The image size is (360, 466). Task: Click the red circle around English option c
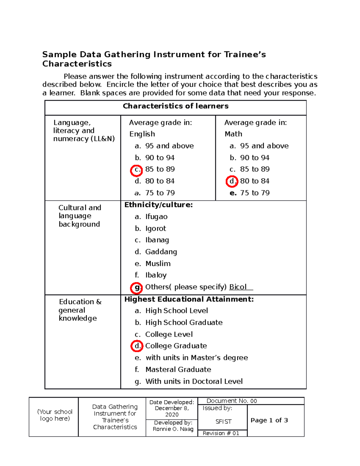coord(136,170)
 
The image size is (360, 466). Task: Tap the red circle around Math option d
coord(232,181)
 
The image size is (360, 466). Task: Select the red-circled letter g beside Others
coord(136,287)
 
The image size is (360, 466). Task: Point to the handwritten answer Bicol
coord(238,287)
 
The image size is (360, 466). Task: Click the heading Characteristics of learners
coord(175,106)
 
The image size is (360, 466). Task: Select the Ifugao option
coord(156,217)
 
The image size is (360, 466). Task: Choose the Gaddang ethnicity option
coord(161,252)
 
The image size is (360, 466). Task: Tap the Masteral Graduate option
coord(178,369)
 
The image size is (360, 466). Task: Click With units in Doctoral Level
coord(194,381)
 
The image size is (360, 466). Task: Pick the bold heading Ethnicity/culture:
coord(158,205)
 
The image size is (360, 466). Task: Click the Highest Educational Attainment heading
coord(189,299)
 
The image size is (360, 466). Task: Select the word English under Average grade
coord(142,134)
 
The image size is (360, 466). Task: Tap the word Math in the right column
coord(233,134)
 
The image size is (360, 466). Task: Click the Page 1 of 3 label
coord(269,420)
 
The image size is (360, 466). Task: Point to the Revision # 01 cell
coord(221,433)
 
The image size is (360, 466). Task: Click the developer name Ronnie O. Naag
coord(173,429)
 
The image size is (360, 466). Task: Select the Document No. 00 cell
coord(232,401)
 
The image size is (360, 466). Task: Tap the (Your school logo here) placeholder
coord(55,415)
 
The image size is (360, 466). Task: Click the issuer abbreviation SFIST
coord(223,422)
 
